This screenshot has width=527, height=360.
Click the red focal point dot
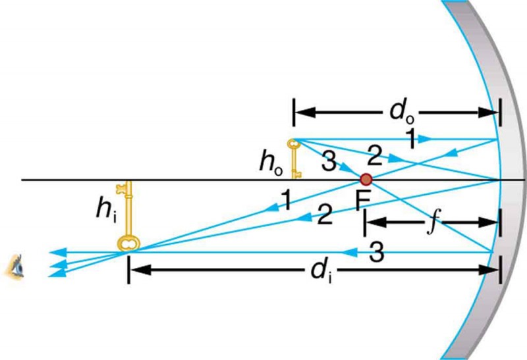pyautogui.click(x=366, y=179)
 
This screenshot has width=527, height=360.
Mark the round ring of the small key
pyautogui.click(x=293, y=143)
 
